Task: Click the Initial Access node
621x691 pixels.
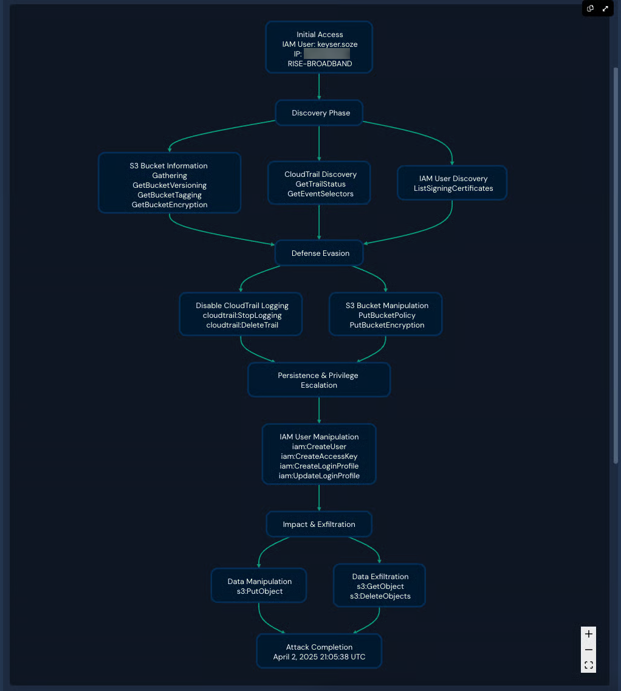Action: coord(319,47)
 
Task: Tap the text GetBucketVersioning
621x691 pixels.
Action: coord(170,185)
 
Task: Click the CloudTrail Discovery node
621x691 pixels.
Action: coord(320,183)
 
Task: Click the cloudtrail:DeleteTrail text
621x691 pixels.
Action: coord(242,325)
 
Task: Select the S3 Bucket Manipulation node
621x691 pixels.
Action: coord(386,315)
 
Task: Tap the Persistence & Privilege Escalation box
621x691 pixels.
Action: coord(318,380)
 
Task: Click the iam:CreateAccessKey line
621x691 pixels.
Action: coord(319,456)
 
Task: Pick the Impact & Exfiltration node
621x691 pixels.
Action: coord(319,524)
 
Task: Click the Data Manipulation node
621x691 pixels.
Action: coord(259,586)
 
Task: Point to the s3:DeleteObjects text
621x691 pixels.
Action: coord(380,596)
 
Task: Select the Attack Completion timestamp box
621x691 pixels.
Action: coord(319,651)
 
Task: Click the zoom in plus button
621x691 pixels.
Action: coord(588,634)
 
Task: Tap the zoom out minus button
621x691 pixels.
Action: coord(588,650)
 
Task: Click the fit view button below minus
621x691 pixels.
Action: coord(588,665)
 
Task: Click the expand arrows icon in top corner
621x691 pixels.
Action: coord(605,9)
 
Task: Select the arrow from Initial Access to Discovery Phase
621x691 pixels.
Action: coord(319,87)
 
